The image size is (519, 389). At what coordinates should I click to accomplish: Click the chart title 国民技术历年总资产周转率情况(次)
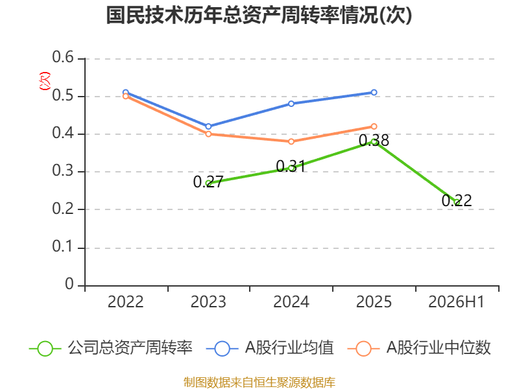[x=259, y=15]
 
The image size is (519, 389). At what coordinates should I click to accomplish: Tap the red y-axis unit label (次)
[x=45, y=81]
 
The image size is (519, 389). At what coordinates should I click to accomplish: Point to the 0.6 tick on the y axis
[x=63, y=57]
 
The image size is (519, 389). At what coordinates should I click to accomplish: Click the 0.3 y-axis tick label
[x=63, y=171]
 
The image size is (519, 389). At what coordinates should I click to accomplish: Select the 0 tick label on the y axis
[x=69, y=284]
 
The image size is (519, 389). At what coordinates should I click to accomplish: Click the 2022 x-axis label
[x=125, y=302]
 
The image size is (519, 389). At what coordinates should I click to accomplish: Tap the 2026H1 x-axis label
[x=456, y=302]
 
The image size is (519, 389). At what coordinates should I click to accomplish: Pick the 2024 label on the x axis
[x=291, y=302]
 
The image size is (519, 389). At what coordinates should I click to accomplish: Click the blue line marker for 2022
[x=125, y=92]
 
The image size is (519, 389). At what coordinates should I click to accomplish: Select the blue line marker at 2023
[x=208, y=126]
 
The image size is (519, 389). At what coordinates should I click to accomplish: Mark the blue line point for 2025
[x=374, y=92]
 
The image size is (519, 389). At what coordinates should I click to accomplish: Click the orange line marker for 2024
[x=291, y=141]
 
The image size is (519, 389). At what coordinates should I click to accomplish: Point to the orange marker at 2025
[x=374, y=126]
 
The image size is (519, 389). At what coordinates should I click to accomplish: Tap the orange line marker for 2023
[x=208, y=134]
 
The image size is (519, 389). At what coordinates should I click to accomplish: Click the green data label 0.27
[x=208, y=182]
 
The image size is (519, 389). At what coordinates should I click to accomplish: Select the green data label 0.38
[x=374, y=141]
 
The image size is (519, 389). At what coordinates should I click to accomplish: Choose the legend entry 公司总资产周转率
[x=111, y=348]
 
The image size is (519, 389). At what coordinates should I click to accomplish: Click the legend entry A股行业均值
[x=270, y=348]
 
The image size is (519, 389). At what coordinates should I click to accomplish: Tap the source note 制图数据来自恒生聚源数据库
[x=259, y=383]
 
